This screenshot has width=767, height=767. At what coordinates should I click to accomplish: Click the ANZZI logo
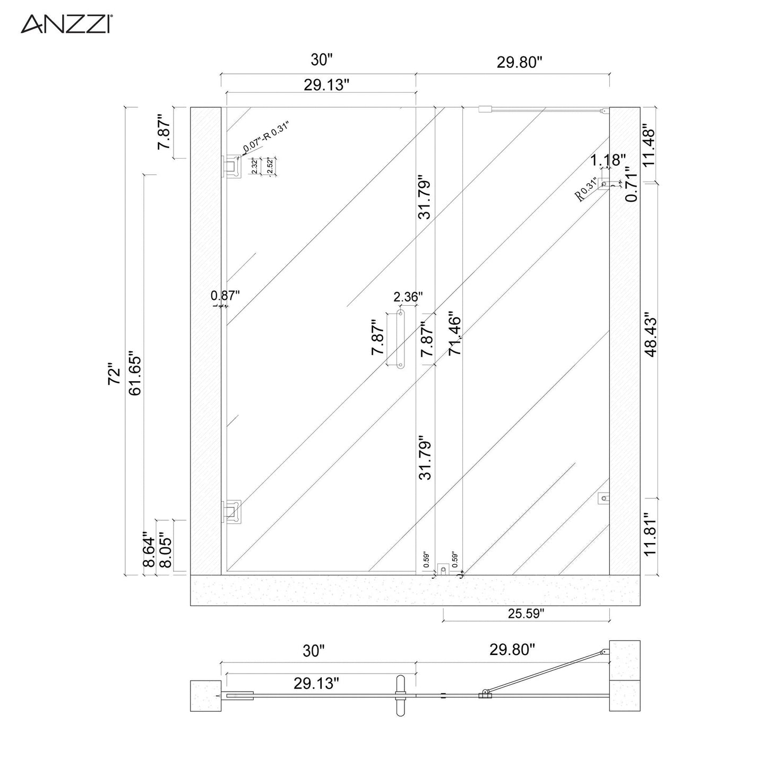65,24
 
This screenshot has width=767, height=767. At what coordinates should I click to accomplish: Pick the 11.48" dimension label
651,145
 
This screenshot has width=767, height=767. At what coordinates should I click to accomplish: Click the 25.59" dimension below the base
526,614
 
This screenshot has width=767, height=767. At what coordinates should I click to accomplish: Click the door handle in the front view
400,339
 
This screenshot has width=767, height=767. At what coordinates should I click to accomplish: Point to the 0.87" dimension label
226,295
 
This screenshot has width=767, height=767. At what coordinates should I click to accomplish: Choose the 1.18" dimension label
608,159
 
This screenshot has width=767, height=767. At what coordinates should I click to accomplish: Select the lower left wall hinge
232,511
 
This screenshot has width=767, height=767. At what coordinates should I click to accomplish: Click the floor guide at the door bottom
443,570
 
